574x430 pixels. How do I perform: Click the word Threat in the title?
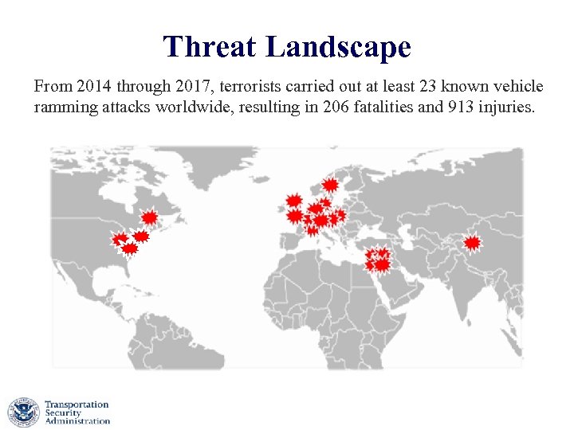(210, 47)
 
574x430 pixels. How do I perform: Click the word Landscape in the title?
(338, 47)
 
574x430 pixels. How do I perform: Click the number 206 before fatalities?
(338, 106)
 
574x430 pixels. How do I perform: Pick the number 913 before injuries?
(464, 106)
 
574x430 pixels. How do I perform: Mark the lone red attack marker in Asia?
(472, 243)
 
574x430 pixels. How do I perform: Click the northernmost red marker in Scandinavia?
(330, 185)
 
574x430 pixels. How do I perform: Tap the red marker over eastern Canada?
(149, 217)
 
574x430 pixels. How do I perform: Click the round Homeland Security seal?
(23, 412)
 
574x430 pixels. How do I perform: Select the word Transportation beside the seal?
(77, 405)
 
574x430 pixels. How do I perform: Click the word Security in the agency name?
(62, 412)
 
